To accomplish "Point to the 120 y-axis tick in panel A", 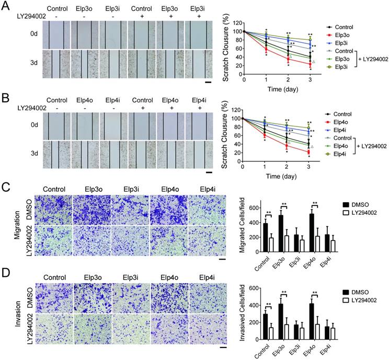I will (x=236, y=23).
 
